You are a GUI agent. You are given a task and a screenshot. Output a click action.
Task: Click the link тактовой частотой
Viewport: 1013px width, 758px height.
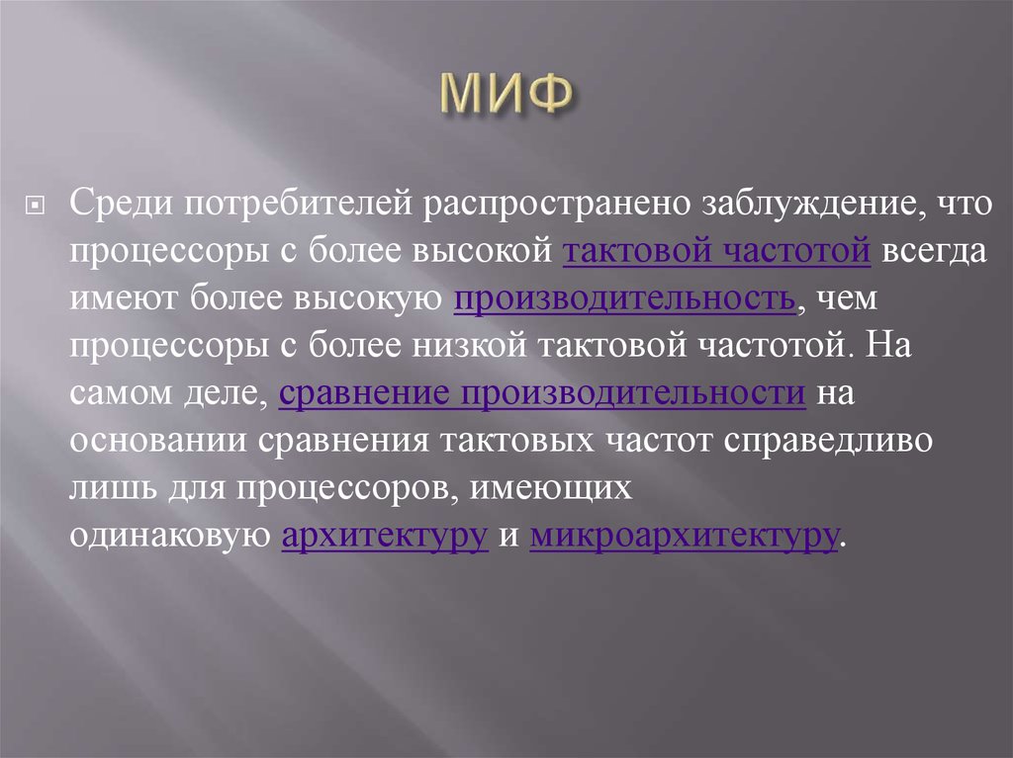point(716,251)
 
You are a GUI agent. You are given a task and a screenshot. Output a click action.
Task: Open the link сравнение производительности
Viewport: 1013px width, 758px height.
point(543,393)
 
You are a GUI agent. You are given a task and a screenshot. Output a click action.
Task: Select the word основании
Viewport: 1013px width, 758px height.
point(157,441)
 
